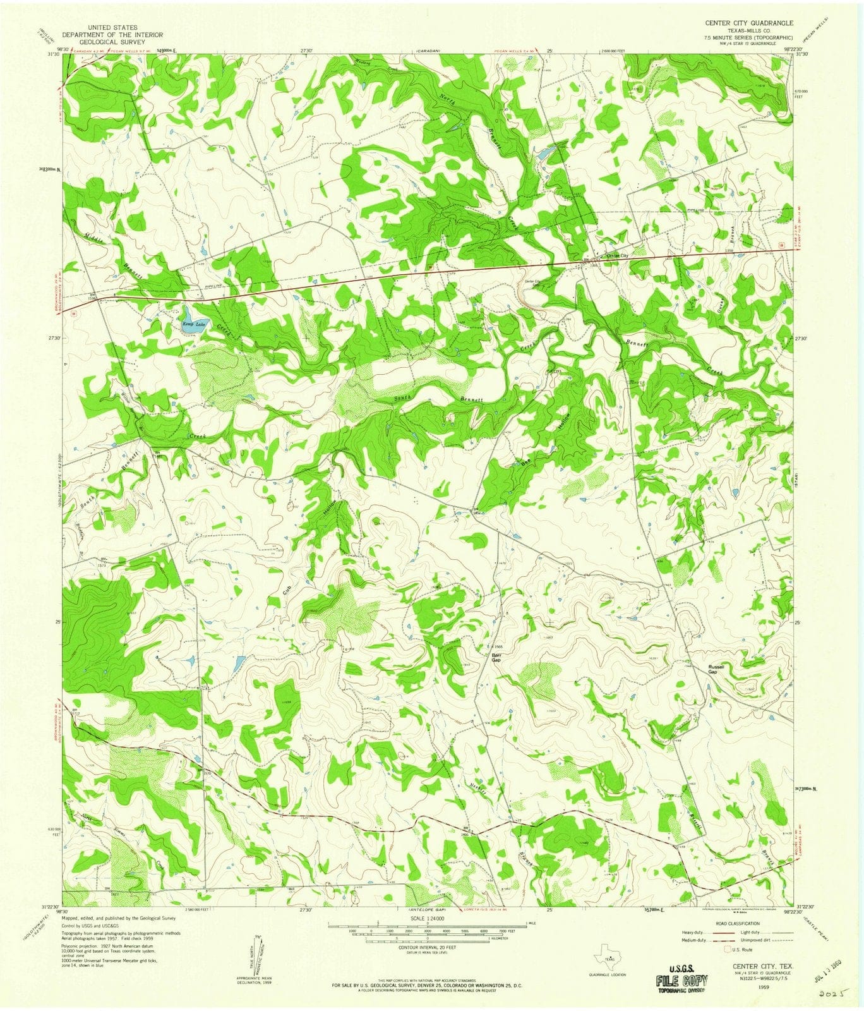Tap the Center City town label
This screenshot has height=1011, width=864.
tap(617, 255)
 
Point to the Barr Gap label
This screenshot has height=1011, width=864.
tap(496, 657)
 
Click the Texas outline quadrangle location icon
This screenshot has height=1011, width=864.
tap(607, 952)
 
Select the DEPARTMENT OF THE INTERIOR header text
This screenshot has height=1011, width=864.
tap(112, 35)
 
